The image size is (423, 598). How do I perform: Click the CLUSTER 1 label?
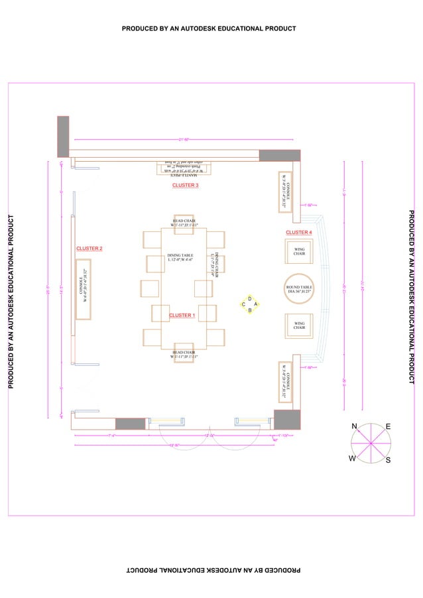[181, 316]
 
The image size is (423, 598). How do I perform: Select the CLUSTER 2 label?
[89, 249]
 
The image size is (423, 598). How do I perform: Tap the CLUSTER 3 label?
[185, 186]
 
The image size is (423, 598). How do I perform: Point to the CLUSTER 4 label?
[298, 233]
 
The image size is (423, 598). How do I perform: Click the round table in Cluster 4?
[299, 288]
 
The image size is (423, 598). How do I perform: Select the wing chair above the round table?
[299, 251]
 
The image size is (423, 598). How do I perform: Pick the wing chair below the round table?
[299, 324]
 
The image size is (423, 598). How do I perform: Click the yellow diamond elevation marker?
[249, 304]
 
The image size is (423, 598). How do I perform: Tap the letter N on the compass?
[355, 426]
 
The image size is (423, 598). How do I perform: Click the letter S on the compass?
[388, 459]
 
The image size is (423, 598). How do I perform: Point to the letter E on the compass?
[388, 426]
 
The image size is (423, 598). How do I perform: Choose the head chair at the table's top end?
[184, 223]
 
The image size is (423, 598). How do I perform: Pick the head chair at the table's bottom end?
[184, 355]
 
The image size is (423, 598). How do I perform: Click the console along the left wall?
[84, 290]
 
